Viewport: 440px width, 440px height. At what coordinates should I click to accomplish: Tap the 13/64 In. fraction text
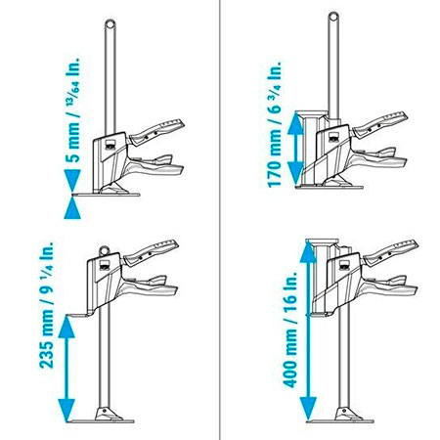(73, 81)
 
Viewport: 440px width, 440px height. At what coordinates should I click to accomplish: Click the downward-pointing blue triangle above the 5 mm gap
(72, 180)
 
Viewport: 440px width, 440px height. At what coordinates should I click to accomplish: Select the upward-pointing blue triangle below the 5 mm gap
(72, 207)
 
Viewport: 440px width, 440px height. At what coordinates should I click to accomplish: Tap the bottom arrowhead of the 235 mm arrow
(66, 410)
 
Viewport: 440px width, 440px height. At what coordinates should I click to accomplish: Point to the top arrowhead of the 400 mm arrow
(308, 251)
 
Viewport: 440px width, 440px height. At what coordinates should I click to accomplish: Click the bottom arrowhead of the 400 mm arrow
(308, 409)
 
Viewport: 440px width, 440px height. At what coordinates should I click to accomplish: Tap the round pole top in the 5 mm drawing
(110, 24)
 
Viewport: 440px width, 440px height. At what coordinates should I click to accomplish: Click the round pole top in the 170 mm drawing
(333, 17)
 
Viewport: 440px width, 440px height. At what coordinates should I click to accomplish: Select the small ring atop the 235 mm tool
(105, 250)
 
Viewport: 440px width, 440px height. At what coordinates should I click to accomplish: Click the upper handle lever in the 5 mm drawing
(156, 131)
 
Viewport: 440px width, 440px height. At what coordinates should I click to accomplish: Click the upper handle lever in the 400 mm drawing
(390, 252)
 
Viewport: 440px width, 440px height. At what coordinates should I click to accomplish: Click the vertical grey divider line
(220, 220)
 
